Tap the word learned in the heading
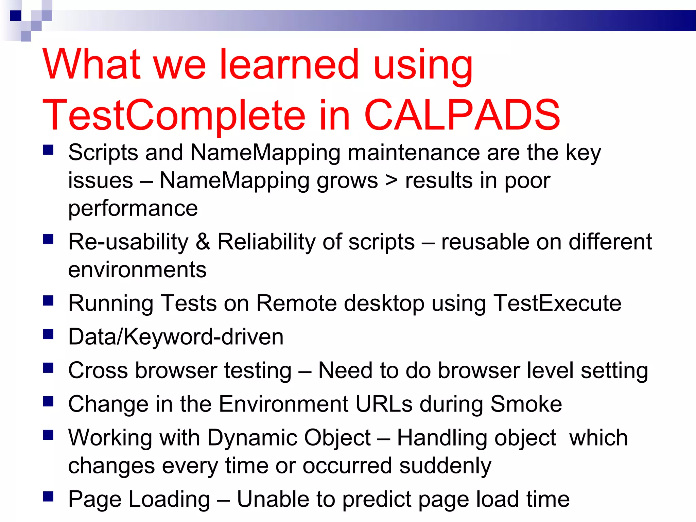pos(290,65)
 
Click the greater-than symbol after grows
pos(391,180)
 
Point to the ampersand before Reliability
pos(203,242)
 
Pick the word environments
pos(137,270)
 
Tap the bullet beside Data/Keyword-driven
pos(48,334)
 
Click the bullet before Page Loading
pos(48,497)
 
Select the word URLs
pos(384,404)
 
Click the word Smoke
pos(526,404)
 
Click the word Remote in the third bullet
pos(296,303)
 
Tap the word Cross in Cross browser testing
pos(98,370)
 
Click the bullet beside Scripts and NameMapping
pos(48,150)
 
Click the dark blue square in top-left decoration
pos(15,16)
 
